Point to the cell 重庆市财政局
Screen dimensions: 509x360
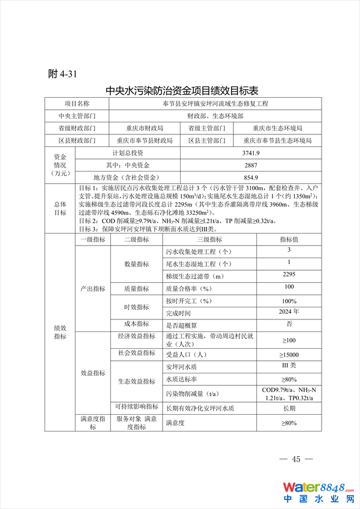145,128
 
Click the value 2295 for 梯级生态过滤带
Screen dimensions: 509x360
289,274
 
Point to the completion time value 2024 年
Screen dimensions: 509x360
289,312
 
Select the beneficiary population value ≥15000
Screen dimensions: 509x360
289,355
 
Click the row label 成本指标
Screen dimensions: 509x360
137,325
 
